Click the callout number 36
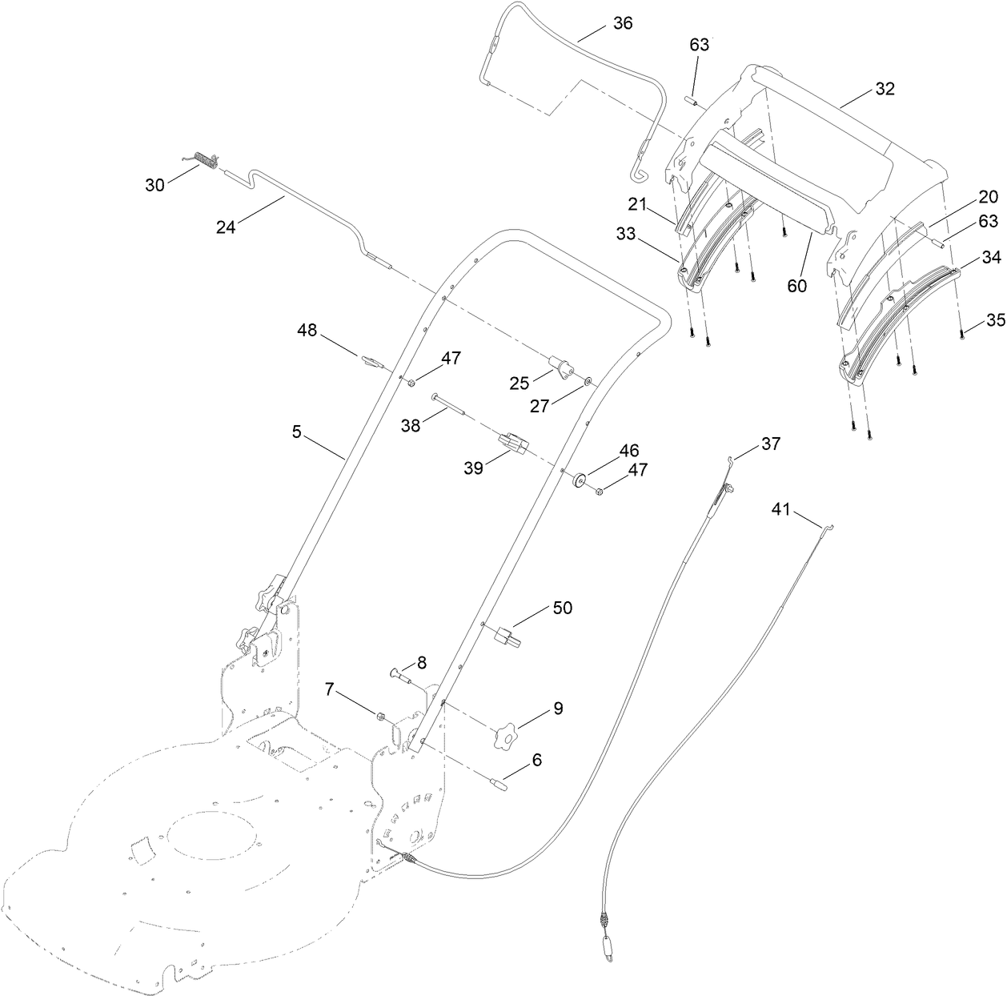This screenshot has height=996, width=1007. tap(622, 23)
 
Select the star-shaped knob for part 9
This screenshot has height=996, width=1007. tap(506, 733)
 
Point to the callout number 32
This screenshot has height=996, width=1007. tap(884, 89)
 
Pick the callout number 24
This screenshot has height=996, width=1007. tap(226, 227)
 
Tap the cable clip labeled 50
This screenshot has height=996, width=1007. tap(508, 638)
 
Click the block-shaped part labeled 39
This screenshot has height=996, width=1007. tap(512, 443)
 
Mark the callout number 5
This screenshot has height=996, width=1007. tap(296, 432)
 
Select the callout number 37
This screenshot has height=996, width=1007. tap(770, 444)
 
